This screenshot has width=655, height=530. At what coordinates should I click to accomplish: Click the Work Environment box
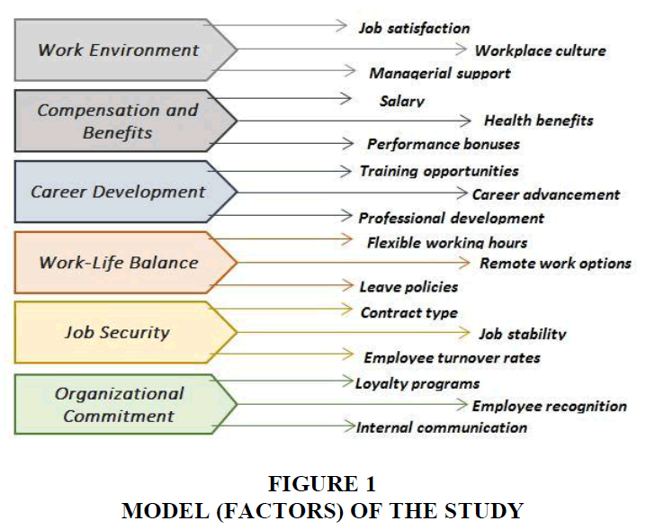[125, 49]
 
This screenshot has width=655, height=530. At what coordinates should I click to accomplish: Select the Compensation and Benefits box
[125, 121]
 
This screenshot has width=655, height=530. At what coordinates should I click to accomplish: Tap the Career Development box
[125, 192]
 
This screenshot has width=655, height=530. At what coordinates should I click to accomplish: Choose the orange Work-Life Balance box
[125, 262]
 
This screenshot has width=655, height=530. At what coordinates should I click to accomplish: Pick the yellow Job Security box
[125, 332]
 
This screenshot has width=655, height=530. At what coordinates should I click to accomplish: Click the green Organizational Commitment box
[125, 404]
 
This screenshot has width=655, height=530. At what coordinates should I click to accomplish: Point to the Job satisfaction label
[415, 29]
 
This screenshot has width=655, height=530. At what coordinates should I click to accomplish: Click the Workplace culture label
[541, 50]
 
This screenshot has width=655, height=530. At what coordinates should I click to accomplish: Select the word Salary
[402, 101]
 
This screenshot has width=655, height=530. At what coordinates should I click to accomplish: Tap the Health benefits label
[538, 121]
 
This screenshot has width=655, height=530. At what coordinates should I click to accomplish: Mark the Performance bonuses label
[444, 144]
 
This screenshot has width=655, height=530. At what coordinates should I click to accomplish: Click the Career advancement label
[546, 194]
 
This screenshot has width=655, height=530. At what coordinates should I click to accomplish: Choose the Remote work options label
[556, 263]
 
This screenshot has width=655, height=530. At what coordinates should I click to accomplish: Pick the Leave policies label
[408, 287]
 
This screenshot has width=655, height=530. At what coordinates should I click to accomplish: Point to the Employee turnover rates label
[452, 357]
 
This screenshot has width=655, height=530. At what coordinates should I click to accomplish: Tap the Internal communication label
[442, 427]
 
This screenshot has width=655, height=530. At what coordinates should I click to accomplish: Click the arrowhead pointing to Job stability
[464, 332]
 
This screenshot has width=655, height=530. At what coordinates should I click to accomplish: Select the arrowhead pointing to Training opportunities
[345, 171]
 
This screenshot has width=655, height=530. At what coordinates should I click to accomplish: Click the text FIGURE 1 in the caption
[322, 483]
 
